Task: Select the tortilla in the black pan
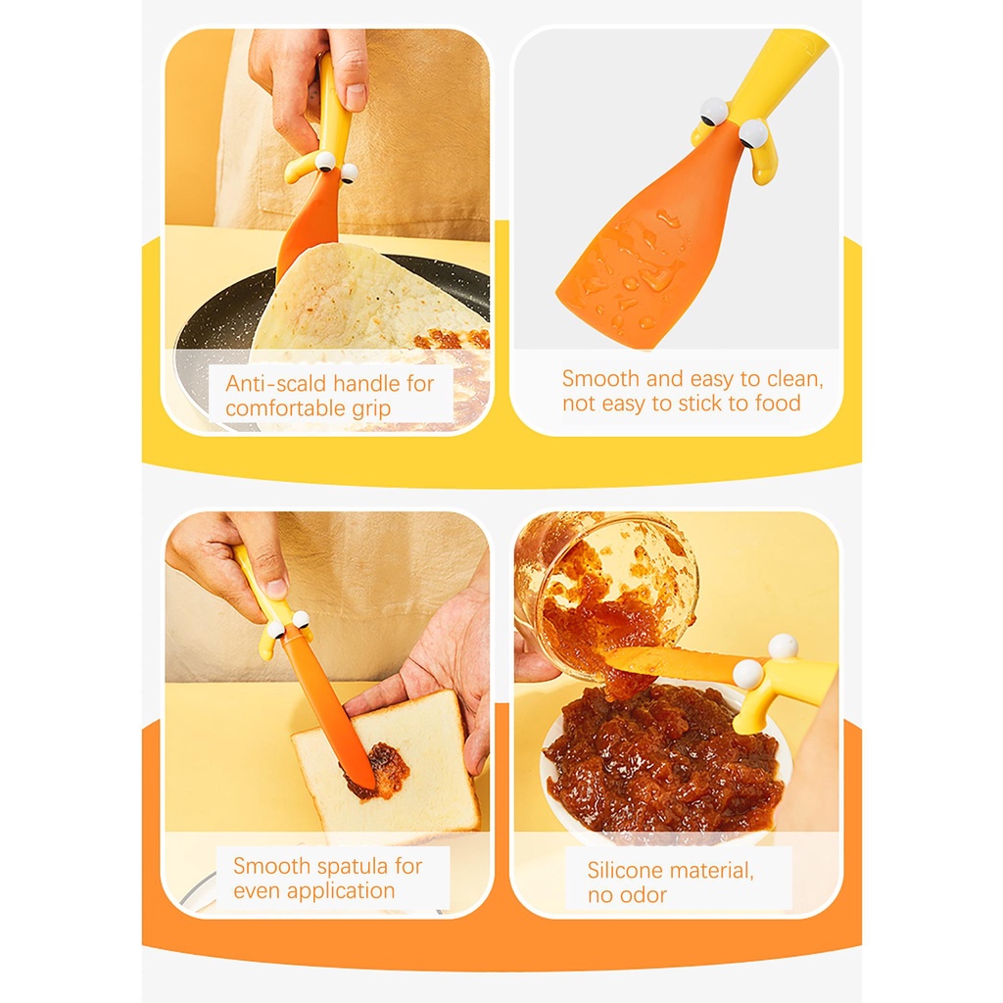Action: coord(362,299)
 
